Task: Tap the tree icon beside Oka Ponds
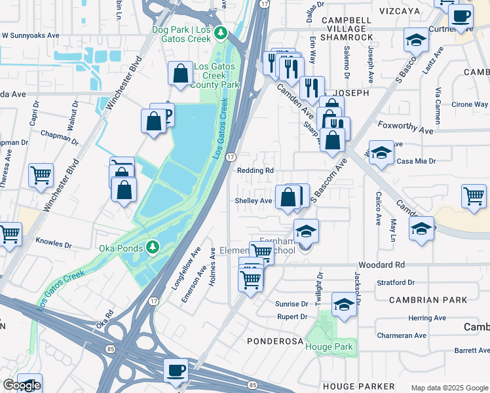(x=152, y=246)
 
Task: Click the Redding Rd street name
(x=255, y=170)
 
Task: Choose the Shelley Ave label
(x=254, y=201)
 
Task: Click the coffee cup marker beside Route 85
(x=176, y=370)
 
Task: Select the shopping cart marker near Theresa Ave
(x=41, y=176)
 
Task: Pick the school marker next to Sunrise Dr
(x=344, y=304)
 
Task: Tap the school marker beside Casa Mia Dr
(x=381, y=153)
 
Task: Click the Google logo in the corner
(x=21, y=385)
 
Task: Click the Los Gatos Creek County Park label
(x=215, y=75)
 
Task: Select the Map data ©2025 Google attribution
(x=449, y=388)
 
